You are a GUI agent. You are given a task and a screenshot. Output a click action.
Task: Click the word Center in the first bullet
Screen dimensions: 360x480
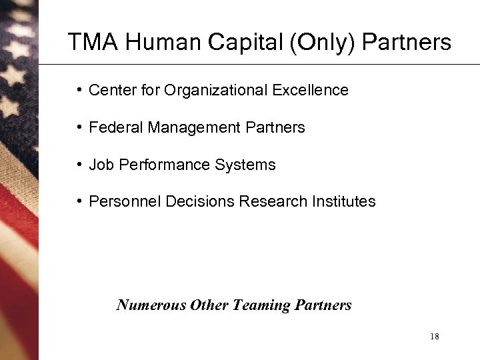click(x=109, y=90)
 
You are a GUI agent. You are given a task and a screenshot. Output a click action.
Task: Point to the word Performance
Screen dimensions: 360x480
click(x=160, y=165)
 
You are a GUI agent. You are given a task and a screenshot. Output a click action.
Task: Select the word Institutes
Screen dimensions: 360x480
click(x=344, y=201)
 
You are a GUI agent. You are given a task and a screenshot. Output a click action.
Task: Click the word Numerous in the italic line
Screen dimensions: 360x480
click(x=151, y=305)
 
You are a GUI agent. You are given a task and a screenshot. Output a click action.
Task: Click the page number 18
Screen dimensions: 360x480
click(x=435, y=337)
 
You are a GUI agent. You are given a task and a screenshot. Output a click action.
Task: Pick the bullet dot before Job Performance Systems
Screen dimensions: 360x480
click(x=79, y=165)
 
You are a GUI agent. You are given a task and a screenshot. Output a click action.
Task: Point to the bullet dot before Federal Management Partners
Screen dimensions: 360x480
click(x=79, y=127)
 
